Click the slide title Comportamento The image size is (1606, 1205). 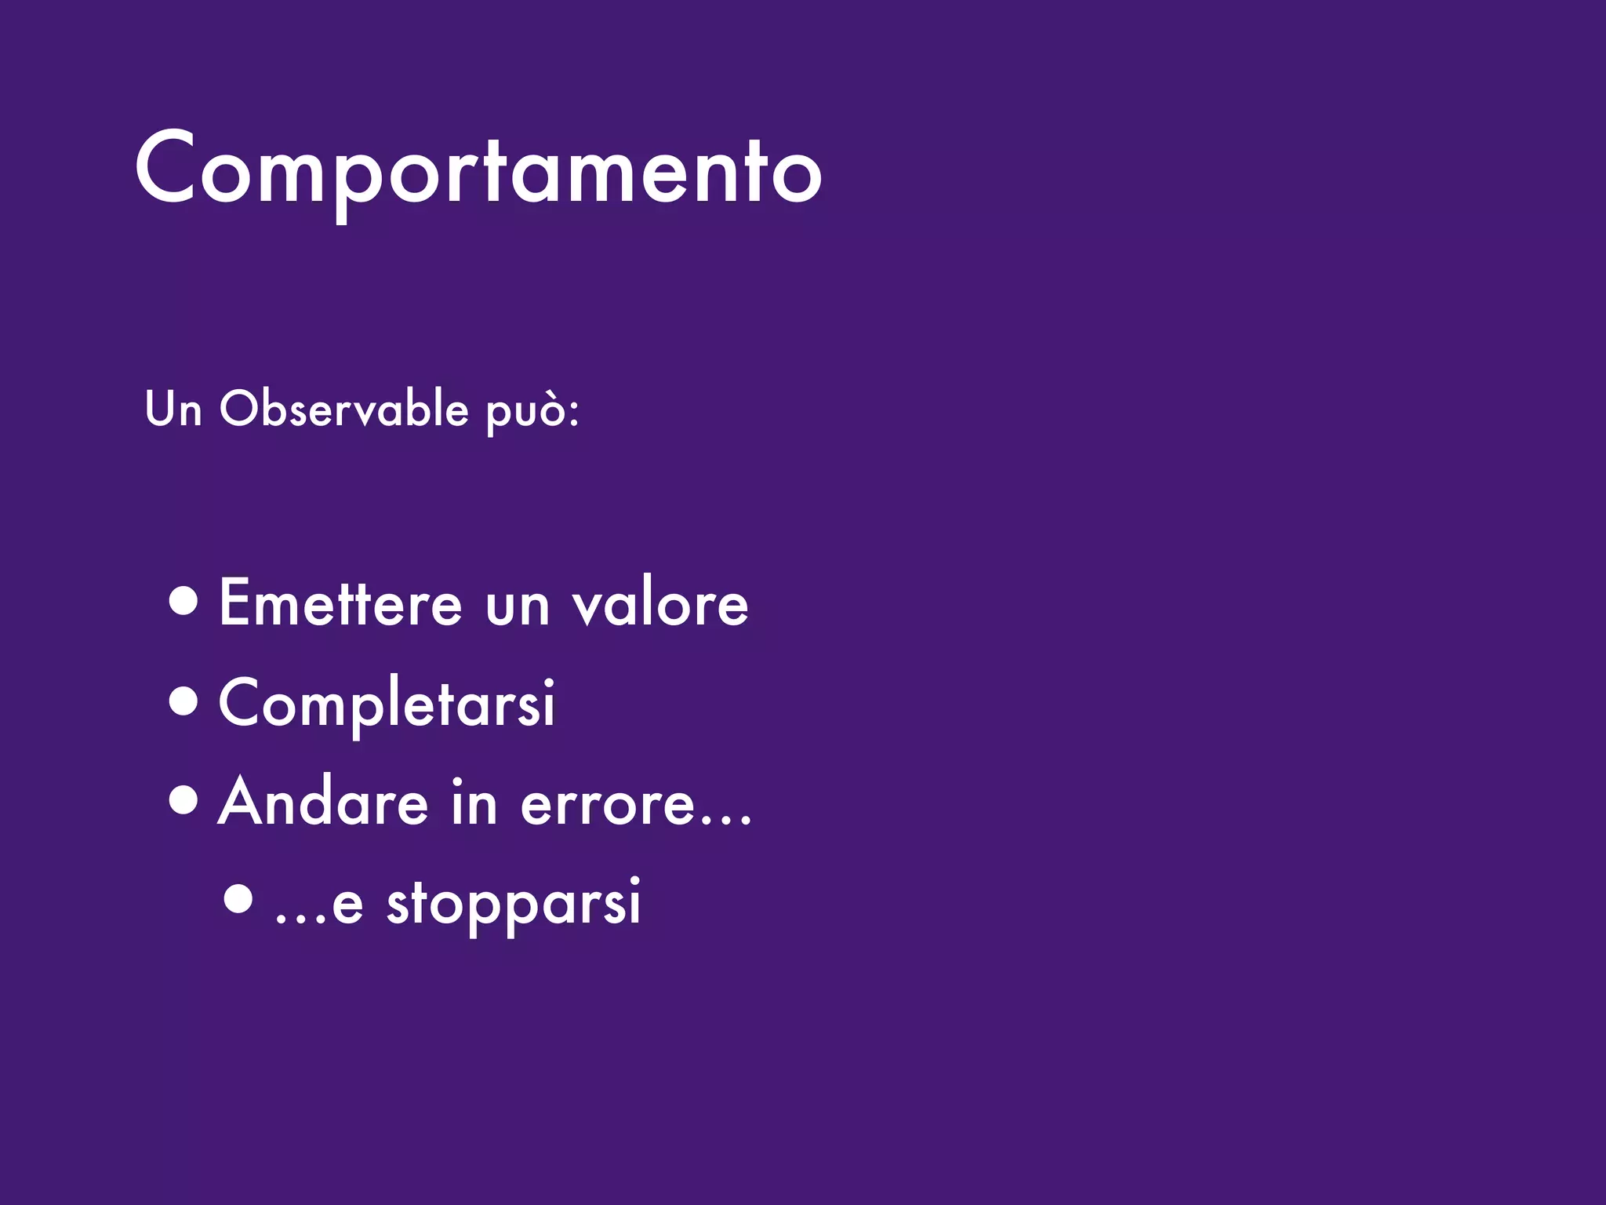(478, 169)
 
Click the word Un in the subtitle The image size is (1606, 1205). (173, 410)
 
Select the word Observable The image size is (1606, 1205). (343, 409)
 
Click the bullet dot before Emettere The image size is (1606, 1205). (183, 602)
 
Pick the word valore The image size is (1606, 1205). (659, 603)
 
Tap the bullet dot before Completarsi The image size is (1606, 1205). (183, 701)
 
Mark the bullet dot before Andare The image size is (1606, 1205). (183, 801)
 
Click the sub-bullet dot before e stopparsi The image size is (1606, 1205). (238, 900)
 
